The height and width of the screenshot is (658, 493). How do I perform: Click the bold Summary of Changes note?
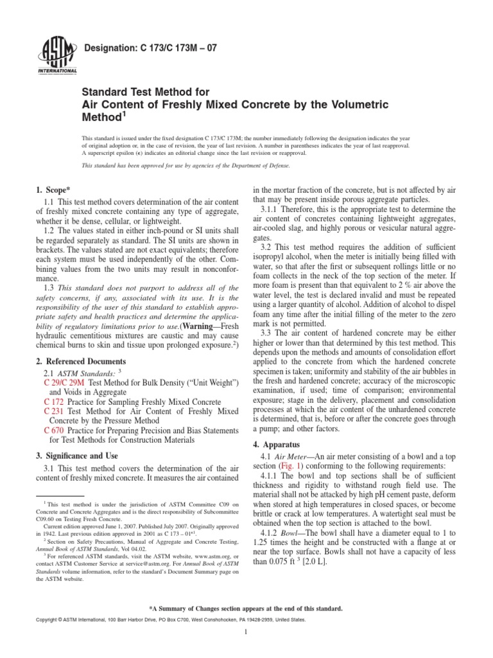click(x=246, y=608)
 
